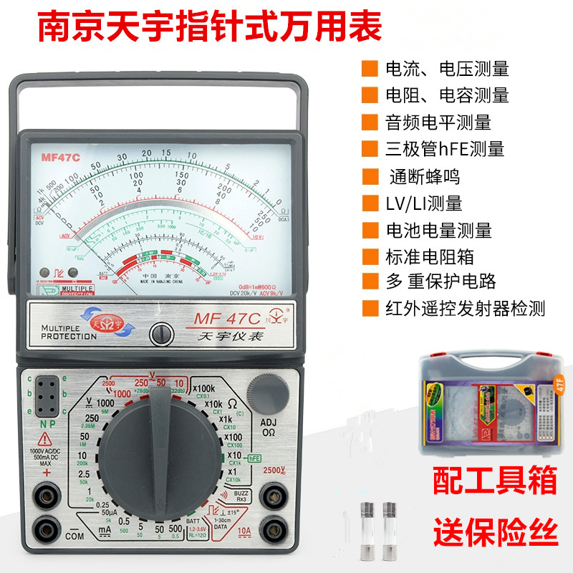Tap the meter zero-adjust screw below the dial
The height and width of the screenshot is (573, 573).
tap(162, 333)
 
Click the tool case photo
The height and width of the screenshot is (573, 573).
tap(488, 405)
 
